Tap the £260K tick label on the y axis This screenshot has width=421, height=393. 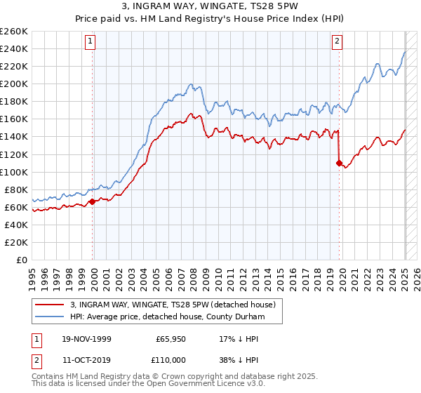pyautogui.click(x=14, y=32)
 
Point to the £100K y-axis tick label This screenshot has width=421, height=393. pyautogui.click(x=14, y=172)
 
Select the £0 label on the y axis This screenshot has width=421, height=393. pyautogui.click(x=22, y=260)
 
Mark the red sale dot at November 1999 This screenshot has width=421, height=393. pyautogui.click(x=92, y=202)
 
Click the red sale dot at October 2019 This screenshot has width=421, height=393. pyautogui.click(x=339, y=163)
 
